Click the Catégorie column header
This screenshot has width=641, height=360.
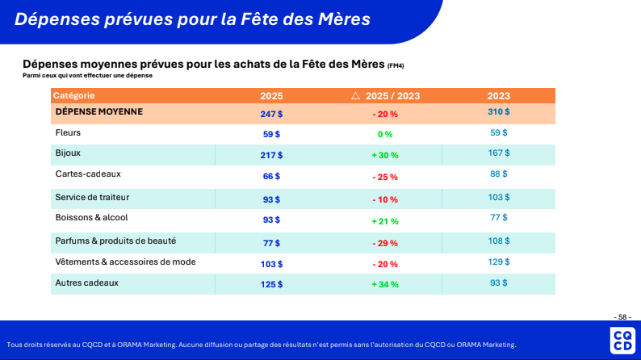pyautogui.click(x=74, y=95)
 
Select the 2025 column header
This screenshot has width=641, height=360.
pyautogui.click(x=271, y=95)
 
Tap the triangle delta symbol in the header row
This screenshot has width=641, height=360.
pyautogui.click(x=355, y=95)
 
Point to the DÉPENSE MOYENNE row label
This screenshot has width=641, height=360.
pyautogui.click(x=99, y=111)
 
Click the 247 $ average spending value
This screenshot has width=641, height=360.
pyautogui.click(x=271, y=114)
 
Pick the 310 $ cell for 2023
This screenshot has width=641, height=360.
pyautogui.click(x=499, y=111)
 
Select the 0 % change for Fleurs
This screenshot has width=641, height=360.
pyautogui.click(x=384, y=134)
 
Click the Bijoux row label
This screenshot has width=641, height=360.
pyautogui.click(x=68, y=152)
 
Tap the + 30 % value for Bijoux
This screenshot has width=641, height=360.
pyautogui.click(x=385, y=155)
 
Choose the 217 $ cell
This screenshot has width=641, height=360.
pyautogui.click(x=271, y=155)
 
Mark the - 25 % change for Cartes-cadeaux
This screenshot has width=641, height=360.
pyautogui.click(x=385, y=177)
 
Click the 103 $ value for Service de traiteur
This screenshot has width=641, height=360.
pyautogui.click(x=499, y=197)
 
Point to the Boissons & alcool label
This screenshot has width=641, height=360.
pyautogui.click(x=91, y=217)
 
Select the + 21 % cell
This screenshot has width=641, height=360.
pyautogui.click(x=385, y=220)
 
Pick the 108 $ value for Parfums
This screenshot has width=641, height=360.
pyautogui.click(x=499, y=241)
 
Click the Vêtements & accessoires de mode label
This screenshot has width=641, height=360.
pyautogui.click(x=125, y=262)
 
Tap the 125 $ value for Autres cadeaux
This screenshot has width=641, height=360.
pyautogui.click(x=271, y=284)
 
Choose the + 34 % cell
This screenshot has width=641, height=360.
pyautogui.click(x=385, y=284)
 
